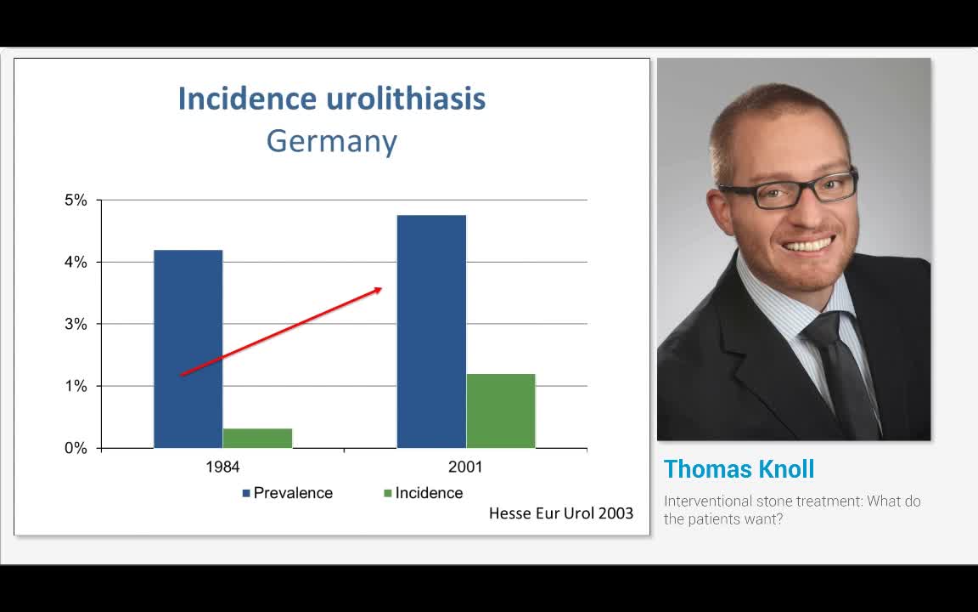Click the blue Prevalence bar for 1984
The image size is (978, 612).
pos(188,348)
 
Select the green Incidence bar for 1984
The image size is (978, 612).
pos(257,438)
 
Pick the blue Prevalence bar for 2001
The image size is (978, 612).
pos(431,331)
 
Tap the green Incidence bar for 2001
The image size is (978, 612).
pos(501,411)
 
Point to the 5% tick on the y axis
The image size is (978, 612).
pos(76,201)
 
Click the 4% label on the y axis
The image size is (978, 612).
pos(76,263)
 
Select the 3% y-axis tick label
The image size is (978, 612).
pos(76,324)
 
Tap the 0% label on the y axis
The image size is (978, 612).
pos(76,448)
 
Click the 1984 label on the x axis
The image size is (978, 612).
pos(222,467)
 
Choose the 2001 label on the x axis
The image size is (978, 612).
pos(465,467)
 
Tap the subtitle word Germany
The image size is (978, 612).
pos(331,141)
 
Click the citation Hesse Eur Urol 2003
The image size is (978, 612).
pos(560,513)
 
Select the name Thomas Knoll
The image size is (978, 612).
pos(739,469)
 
